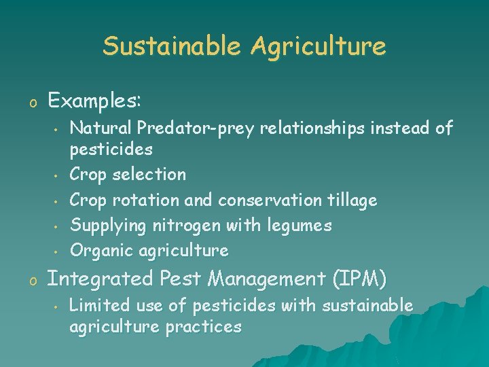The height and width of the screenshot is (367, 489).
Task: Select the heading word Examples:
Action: [x=94, y=101]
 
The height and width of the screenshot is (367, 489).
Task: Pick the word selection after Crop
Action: [x=151, y=175]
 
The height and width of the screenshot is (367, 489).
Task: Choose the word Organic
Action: [x=102, y=250]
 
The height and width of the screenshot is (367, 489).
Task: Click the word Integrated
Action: [x=101, y=279]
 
